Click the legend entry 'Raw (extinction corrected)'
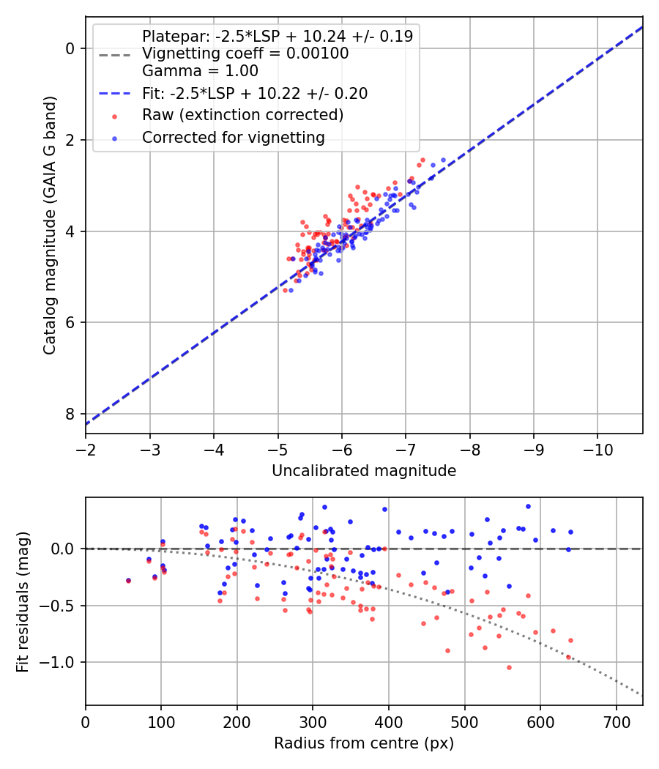pos(242,115)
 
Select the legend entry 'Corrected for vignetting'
pos(234,137)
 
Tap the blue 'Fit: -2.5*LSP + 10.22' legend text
pos(255,93)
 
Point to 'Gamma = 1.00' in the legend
pos(200,71)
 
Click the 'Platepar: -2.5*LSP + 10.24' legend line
pos(277,36)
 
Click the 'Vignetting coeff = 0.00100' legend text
pos(245,53)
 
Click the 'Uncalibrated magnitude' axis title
pos(364,471)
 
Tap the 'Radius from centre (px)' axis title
pos(364,743)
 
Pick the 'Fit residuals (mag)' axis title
pos(23,601)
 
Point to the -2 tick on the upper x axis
pos(86,447)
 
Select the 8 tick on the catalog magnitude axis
pos(70,414)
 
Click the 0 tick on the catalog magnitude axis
pos(70,48)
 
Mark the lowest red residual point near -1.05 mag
pos(509,667)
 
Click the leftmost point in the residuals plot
pos(128,581)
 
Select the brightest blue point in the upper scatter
pos(443,160)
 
